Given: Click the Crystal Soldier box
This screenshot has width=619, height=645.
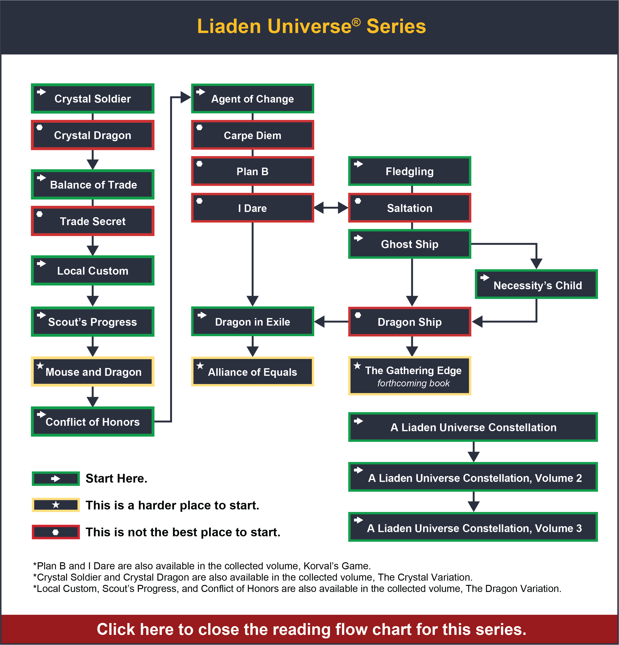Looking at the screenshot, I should click(x=93, y=99).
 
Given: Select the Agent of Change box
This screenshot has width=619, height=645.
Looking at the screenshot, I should click(x=252, y=99).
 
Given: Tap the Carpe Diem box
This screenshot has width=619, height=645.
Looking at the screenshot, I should click(x=252, y=135).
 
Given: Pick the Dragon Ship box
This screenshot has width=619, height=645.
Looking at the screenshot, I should click(x=410, y=322).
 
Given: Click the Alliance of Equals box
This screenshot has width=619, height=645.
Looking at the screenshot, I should click(x=252, y=372).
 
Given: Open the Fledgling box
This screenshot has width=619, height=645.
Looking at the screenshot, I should click(x=410, y=171).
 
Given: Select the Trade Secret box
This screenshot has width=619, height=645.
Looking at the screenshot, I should click(x=93, y=221).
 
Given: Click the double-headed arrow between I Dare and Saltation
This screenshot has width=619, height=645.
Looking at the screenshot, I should click(x=331, y=208).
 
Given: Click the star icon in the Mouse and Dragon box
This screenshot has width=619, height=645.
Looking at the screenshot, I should click(x=40, y=366).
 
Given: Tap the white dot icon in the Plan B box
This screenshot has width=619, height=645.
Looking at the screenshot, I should click(x=200, y=164).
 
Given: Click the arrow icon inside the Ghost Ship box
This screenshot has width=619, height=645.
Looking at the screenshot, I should click(x=358, y=238).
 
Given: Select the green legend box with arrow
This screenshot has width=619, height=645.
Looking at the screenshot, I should click(x=56, y=479).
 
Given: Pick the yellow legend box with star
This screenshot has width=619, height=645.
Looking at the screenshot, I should click(x=56, y=505).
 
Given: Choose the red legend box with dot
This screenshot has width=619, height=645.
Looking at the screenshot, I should click(x=56, y=532).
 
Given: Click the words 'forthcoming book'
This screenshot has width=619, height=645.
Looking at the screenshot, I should click(x=413, y=383).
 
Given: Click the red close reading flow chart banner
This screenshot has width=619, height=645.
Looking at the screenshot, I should click(x=309, y=629).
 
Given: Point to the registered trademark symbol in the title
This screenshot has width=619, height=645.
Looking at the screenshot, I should click(x=356, y=22).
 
